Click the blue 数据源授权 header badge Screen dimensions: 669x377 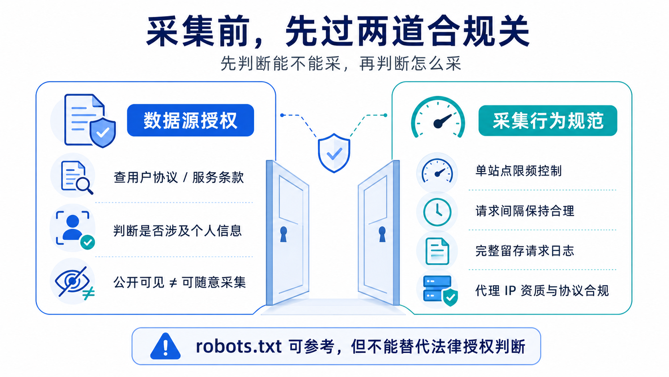click(x=190, y=120)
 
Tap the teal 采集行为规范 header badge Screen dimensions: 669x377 click(x=548, y=121)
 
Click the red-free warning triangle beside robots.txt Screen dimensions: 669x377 click(x=166, y=346)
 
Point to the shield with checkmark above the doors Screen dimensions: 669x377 click(x=334, y=153)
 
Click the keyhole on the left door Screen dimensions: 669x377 click(x=283, y=234)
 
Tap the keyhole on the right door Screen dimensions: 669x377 click(x=382, y=234)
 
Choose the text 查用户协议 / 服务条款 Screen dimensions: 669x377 click(x=178, y=177)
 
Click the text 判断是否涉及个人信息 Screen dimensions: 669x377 click(x=177, y=231)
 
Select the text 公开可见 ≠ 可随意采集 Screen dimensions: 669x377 click(x=180, y=282)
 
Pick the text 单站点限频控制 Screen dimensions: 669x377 click(x=519, y=171)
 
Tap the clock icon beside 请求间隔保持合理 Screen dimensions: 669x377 click(x=437, y=212)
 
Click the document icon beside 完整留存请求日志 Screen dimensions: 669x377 click(x=437, y=251)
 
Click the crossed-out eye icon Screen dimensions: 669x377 click(x=74, y=282)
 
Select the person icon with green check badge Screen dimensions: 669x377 click(x=75, y=229)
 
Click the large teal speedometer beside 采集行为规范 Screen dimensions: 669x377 click(x=438, y=117)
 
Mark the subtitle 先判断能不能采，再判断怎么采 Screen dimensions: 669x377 click(x=341, y=63)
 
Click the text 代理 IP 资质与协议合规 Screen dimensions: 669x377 click(x=542, y=290)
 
